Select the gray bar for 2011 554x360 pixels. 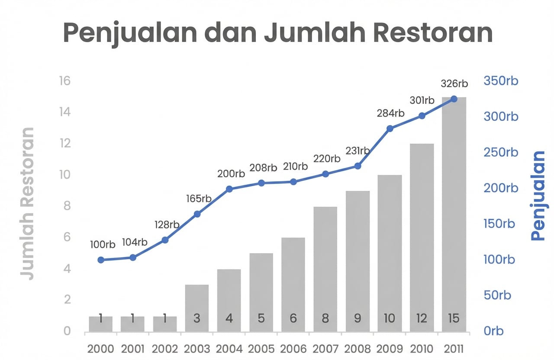coord(454,216)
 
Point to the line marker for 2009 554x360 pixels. coord(390,129)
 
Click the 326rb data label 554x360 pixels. coord(454,84)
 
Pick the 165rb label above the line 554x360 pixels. coord(199,199)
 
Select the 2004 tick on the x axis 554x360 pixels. coord(229,349)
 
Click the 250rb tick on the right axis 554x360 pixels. coord(500,152)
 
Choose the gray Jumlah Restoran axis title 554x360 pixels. coord(27,203)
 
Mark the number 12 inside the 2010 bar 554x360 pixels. coord(422,319)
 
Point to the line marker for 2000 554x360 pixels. coord(101,260)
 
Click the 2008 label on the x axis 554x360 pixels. coord(358,349)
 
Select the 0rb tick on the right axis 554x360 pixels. coord(493,331)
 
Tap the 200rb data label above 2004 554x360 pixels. coord(231,174)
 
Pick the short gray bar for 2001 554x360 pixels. coord(132,324)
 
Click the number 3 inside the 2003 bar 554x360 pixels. coord(197,319)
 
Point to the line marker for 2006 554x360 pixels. coord(293,182)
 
